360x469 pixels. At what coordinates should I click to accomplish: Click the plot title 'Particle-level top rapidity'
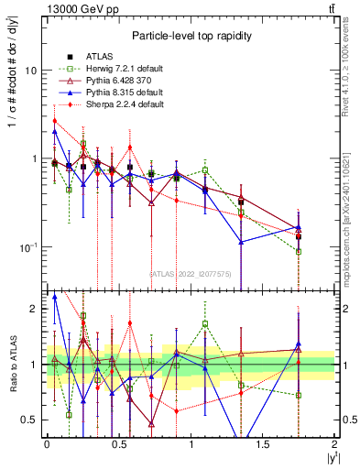click(x=191, y=36)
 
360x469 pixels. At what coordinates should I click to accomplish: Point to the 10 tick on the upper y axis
click(x=34, y=71)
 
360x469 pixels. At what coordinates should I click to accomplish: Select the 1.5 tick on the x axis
click(x=263, y=444)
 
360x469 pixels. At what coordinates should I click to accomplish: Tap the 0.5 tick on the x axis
click(x=118, y=444)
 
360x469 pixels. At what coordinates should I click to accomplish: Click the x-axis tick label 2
click(x=335, y=444)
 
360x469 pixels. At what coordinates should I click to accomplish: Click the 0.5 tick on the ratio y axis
click(x=32, y=420)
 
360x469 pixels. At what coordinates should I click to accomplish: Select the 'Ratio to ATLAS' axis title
click(x=11, y=365)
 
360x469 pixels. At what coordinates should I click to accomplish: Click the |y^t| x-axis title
click(x=330, y=457)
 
